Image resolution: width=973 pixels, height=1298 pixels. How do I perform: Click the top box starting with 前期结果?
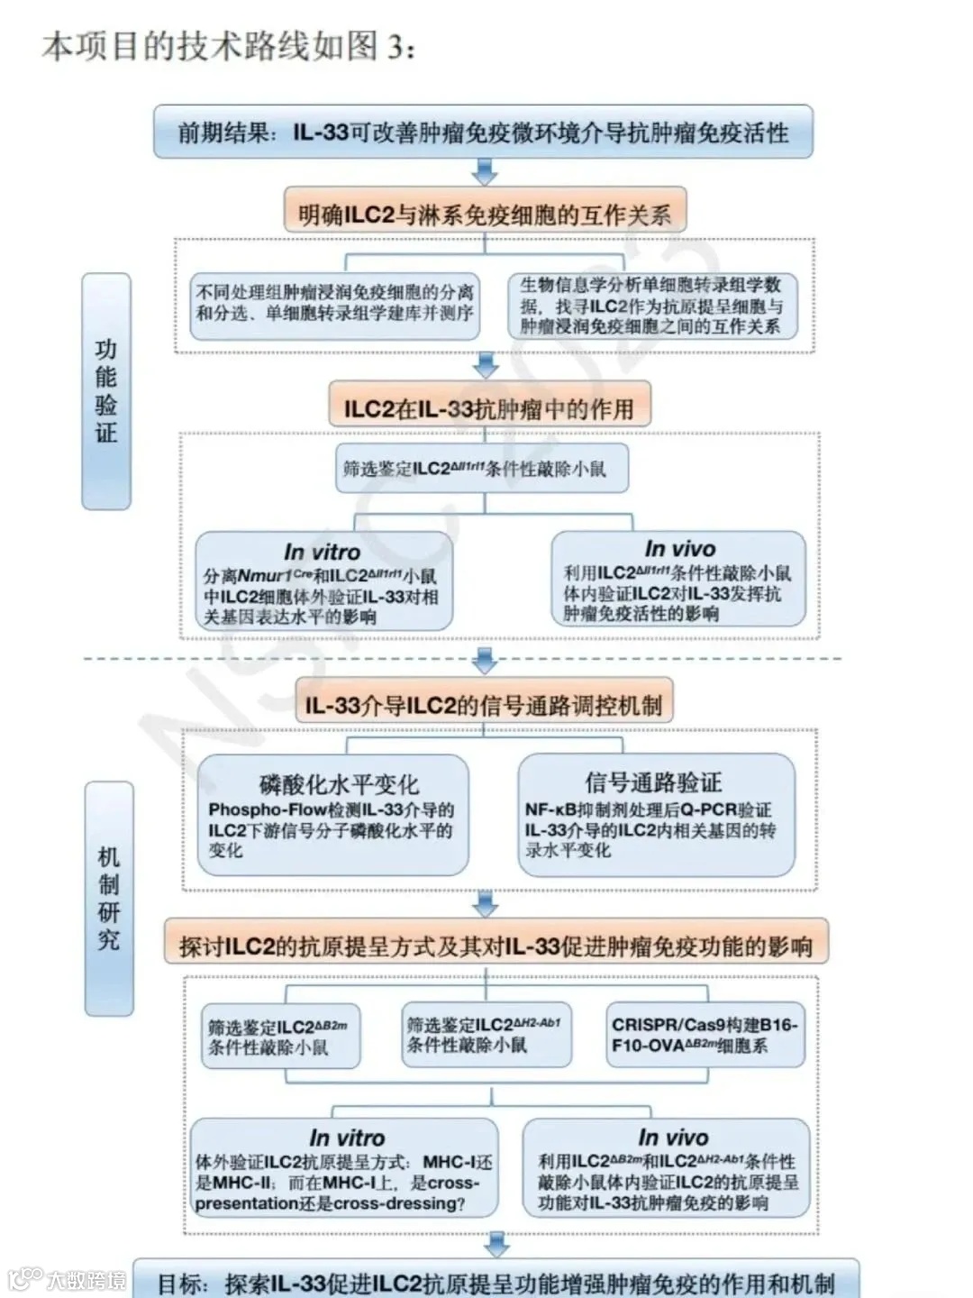coord(483,132)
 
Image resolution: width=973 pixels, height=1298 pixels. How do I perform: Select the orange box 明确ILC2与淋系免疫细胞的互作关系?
coord(485,214)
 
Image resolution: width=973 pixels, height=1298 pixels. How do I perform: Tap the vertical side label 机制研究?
coord(109,898)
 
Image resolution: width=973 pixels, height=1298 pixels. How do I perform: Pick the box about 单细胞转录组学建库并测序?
coord(334,303)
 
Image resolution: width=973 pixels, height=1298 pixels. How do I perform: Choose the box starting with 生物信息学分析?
coord(651,306)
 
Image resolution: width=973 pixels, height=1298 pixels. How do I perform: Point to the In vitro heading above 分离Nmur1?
coord(322,551)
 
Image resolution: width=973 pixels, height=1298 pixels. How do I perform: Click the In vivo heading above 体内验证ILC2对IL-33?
coord(680,548)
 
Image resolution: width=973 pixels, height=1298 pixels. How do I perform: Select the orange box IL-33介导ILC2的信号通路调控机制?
coord(483,705)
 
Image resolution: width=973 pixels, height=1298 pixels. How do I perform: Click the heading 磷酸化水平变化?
coord(339,783)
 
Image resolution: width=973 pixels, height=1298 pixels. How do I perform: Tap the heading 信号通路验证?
coord(653,782)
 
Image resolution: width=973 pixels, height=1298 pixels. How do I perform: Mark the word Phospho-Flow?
coord(255,809)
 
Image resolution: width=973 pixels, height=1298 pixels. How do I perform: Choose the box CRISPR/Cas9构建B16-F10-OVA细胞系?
coord(705,1035)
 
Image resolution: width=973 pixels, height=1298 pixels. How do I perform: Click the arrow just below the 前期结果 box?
coord(485,171)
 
